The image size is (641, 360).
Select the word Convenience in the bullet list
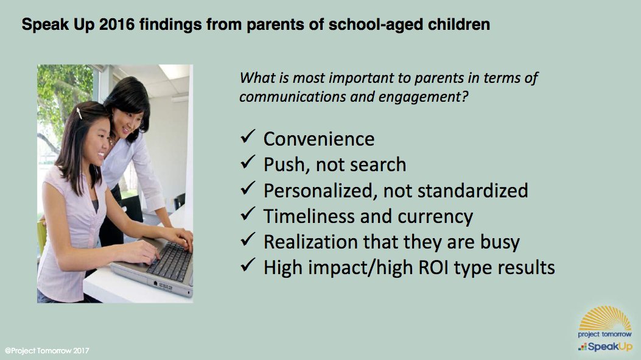(318, 139)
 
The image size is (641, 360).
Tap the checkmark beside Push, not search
(247, 163)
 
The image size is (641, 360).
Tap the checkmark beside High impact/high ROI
(247, 266)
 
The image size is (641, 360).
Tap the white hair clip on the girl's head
(79, 113)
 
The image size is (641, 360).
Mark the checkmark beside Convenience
(247, 138)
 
